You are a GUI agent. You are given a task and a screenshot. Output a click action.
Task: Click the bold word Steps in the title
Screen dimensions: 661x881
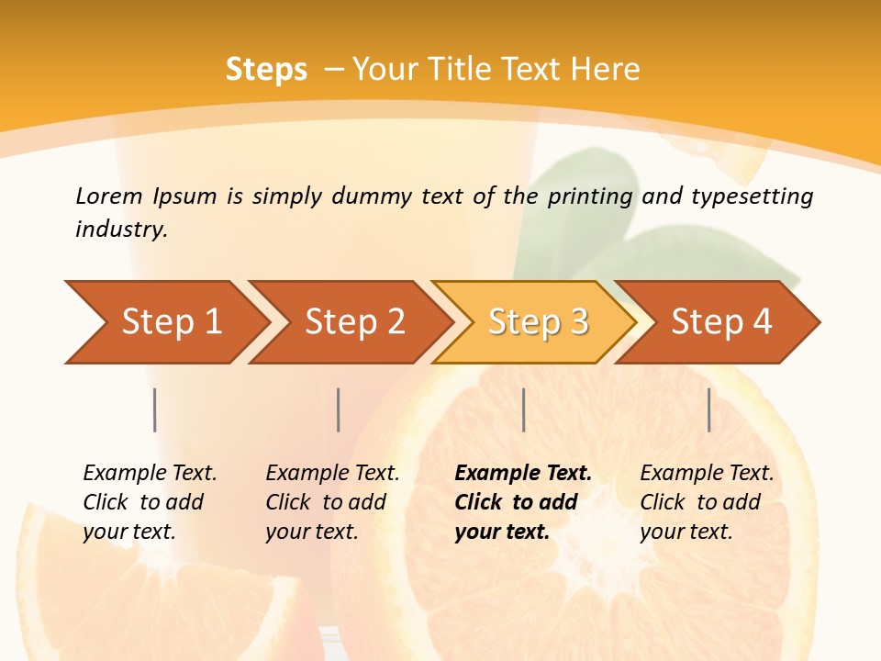(x=266, y=70)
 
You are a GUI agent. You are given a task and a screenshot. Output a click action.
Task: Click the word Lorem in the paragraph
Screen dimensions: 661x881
(x=109, y=196)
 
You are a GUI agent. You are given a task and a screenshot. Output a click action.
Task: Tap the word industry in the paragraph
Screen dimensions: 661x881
(x=121, y=230)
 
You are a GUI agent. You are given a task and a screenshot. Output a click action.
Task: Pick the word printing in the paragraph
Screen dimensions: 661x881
(x=590, y=196)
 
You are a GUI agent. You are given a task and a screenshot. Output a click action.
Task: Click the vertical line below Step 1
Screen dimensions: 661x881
(x=155, y=409)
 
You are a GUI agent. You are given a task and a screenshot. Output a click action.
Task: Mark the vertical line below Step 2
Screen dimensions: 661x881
(x=339, y=409)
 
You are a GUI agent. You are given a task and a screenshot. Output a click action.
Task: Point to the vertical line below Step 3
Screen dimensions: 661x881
(x=523, y=409)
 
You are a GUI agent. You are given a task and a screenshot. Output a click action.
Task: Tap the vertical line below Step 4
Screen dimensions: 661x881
(x=708, y=409)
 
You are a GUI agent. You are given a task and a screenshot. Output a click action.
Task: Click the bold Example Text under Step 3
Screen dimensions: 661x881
(x=523, y=474)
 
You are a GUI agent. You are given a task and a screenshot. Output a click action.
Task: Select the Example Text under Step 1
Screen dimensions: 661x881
(x=150, y=474)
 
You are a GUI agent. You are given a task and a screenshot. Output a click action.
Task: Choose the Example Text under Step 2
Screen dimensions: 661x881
(x=332, y=474)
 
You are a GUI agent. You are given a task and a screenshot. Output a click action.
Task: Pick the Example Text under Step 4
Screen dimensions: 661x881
(x=707, y=474)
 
